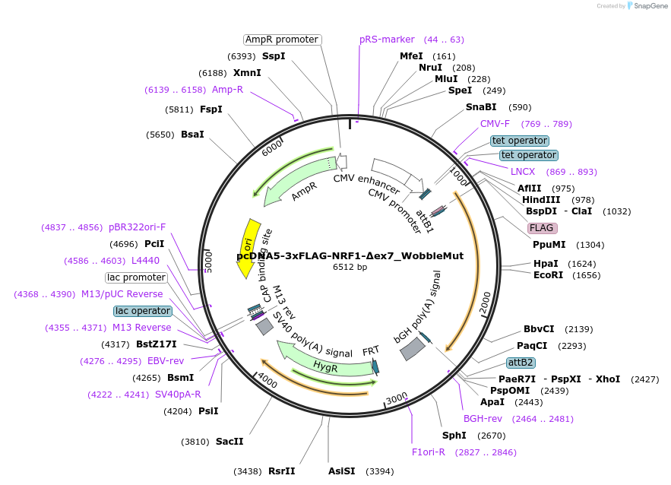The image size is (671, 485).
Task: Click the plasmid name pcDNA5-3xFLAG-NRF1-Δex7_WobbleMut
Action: pos(350,255)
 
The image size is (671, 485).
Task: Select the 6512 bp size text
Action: pos(350,267)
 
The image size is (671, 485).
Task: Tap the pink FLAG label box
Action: pos(543,228)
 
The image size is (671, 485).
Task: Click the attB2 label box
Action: pos(521,362)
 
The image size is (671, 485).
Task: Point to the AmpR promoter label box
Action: pos(282,40)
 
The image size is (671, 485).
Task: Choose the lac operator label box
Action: pos(143,311)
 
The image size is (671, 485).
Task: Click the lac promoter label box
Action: pos(136,277)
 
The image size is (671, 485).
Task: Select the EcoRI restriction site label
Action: pos(548,275)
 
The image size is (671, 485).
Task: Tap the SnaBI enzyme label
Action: pos(480,107)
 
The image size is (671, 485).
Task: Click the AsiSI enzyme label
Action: pos(341,471)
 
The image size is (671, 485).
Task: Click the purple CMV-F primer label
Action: pos(495,124)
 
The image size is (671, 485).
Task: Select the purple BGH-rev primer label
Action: pos(483,419)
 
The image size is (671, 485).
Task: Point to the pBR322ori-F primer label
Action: pos(137,227)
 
